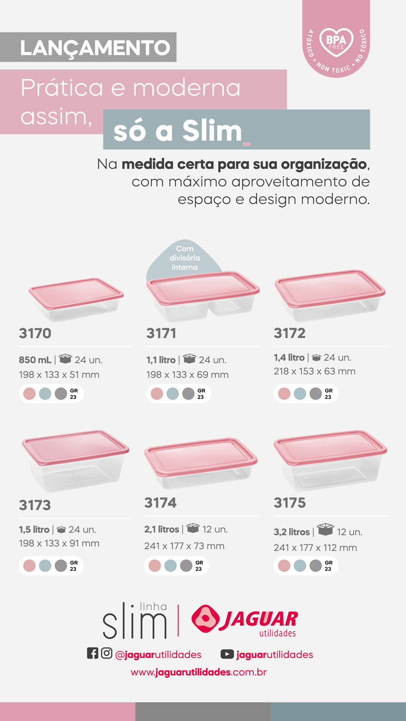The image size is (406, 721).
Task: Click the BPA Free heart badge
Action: [335, 43]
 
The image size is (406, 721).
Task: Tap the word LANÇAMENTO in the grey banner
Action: [95, 48]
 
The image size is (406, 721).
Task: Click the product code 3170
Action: [35, 333]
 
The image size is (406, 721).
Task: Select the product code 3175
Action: [290, 502]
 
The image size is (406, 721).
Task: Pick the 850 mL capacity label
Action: [35, 360]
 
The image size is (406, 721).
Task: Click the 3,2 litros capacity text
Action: [292, 532]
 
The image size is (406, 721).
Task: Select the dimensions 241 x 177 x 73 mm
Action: [184, 546]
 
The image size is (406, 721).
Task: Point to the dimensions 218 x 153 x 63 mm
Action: [315, 371]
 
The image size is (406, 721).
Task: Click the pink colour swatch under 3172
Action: [284, 393]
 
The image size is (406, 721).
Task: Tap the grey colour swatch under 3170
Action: [61, 393]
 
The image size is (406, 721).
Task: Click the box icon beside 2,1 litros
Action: [193, 529]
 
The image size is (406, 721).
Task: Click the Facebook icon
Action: [92, 654]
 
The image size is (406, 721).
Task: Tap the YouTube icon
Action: [227, 655]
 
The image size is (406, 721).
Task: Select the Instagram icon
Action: [107, 654]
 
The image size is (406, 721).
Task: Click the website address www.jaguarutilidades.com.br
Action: [198, 672]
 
